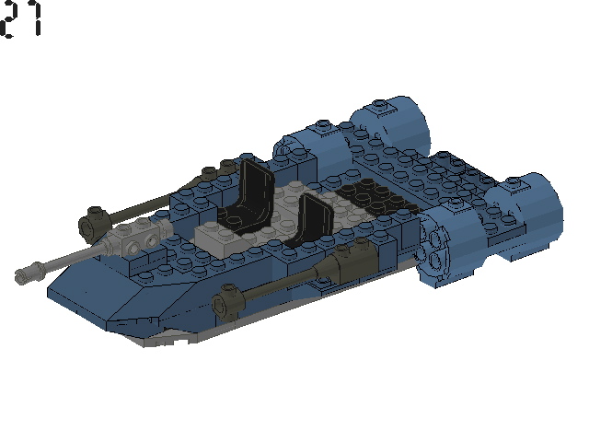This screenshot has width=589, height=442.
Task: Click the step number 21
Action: (21, 20)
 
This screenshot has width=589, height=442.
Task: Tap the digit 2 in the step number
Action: (10, 20)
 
